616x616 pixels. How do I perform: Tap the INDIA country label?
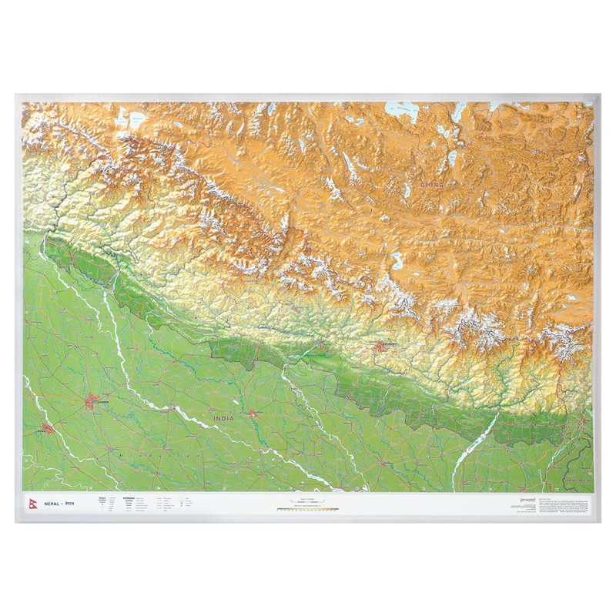click(x=223, y=419)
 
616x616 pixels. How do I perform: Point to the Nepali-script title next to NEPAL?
click(x=69, y=502)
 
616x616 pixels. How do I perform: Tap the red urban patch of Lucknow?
click(x=93, y=401)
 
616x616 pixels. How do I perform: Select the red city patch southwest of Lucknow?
click(x=49, y=428)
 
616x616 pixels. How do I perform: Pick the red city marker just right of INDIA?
click(x=253, y=414)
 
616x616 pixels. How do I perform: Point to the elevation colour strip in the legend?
click(x=308, y=508)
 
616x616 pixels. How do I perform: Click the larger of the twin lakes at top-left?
click(x=137, y=119)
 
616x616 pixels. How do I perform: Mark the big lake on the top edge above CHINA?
click(x=403, y=110)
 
